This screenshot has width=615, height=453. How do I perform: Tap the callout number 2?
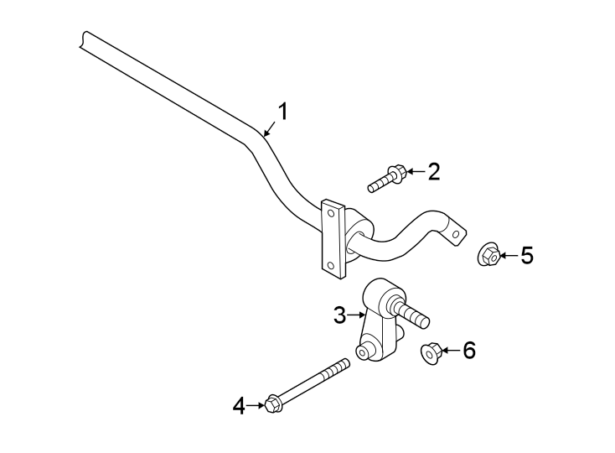coord(433,172)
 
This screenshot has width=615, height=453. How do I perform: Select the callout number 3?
coord(339,315)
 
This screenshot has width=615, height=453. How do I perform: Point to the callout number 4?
coord(239,407)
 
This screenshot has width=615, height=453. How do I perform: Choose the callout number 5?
coord(526,255)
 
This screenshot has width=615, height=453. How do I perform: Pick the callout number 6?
coord(468,351)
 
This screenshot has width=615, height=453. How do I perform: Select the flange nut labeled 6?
coord(430,354)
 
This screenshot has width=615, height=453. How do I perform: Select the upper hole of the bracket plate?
coord(333,213)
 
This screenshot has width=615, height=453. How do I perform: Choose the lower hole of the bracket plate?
coord(331,267)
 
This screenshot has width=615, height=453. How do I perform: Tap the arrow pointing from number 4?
coord(256,407)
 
